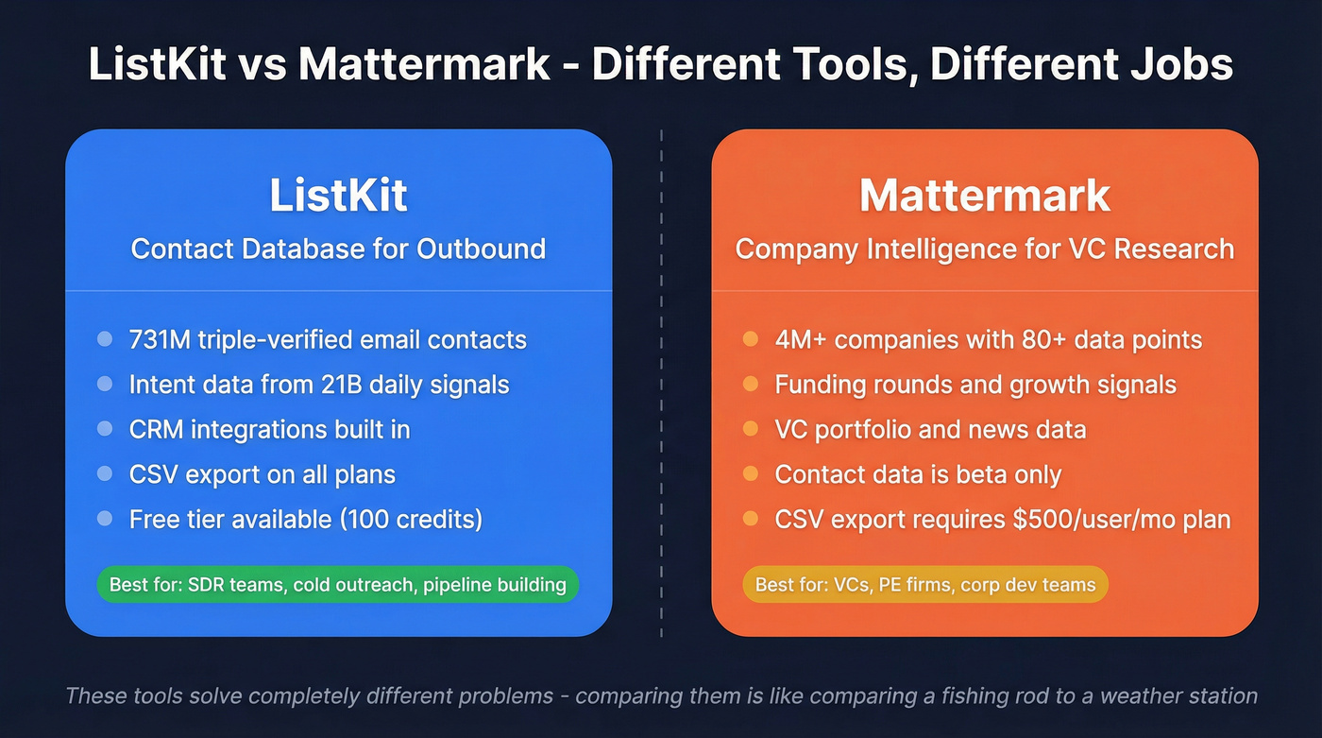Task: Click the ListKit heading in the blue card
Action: (338, 196)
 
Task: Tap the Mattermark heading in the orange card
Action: (985, 196)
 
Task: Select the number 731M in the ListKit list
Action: (159, 340)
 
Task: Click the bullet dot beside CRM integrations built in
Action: (105, 429)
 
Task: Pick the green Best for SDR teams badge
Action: (337, 585)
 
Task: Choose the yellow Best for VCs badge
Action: (925, 585)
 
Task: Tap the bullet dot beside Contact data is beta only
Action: (751, 473)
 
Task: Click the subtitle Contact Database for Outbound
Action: (338, 249)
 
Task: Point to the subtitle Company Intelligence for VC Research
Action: (985, 249)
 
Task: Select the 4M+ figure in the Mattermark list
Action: (800, 340)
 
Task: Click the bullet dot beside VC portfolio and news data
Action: (751, 429)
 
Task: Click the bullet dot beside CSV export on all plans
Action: (105, 473)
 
